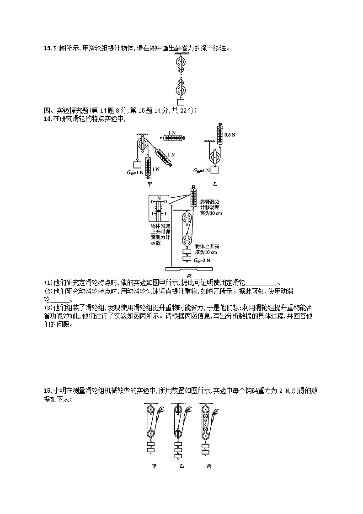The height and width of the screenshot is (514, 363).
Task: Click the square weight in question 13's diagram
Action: pos(181,102)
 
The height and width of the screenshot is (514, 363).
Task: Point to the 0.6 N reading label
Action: pos(230,135)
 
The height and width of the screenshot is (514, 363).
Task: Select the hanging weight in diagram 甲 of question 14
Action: pos(136,164)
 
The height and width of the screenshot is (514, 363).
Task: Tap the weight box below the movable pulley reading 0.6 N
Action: pos(214,170)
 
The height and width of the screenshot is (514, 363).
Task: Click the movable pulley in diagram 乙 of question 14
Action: pos(214,157)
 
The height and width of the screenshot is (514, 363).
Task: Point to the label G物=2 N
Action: pos(203,260)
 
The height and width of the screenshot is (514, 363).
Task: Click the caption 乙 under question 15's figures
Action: pos(181,466)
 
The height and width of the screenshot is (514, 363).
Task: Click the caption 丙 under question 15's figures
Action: pos(209,466)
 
